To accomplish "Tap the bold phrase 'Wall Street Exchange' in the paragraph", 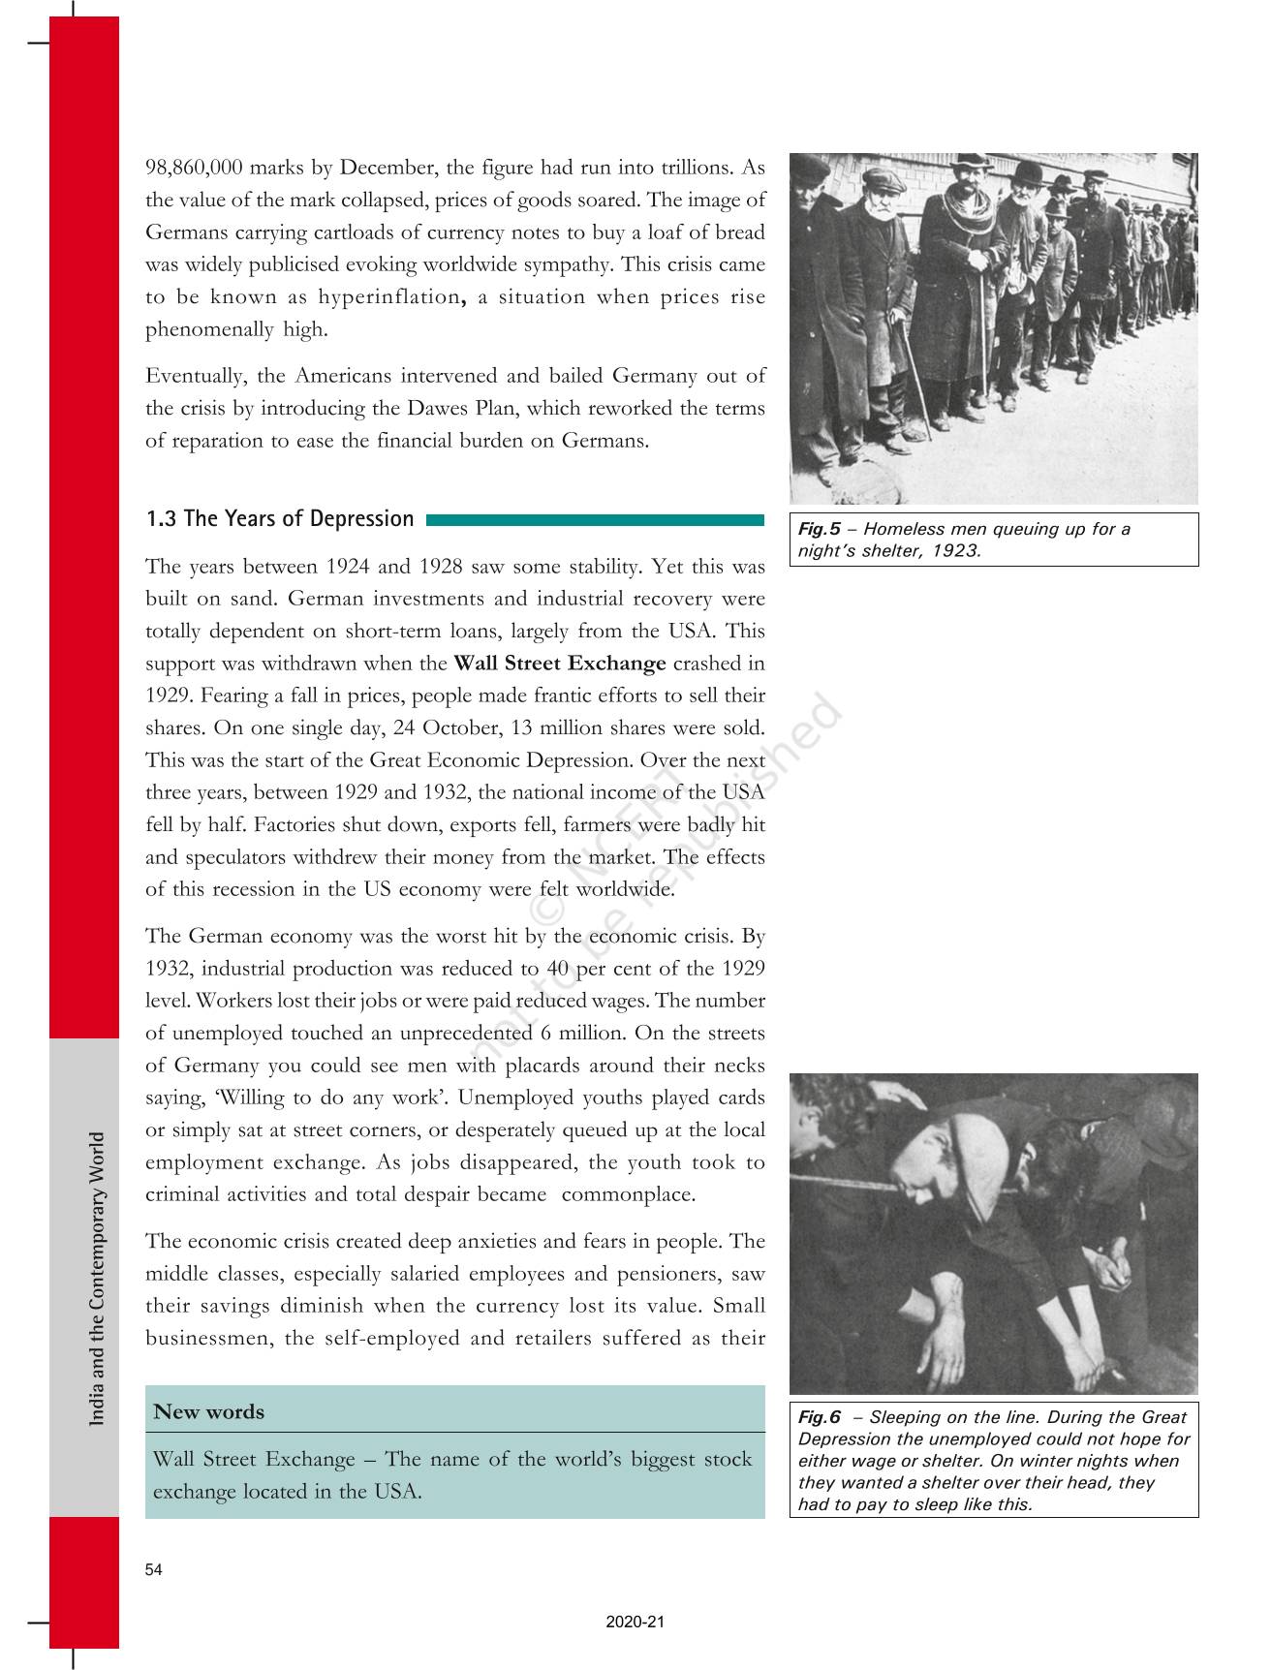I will coord(560,664).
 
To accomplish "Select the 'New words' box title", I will coord(208,1412).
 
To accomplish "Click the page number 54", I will coord(154,1570).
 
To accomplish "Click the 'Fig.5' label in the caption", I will coord(819,530).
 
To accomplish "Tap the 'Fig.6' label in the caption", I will coord(819,1418).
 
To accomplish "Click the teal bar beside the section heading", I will coord(595,520).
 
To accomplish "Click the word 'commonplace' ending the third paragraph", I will coord(628,1195).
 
